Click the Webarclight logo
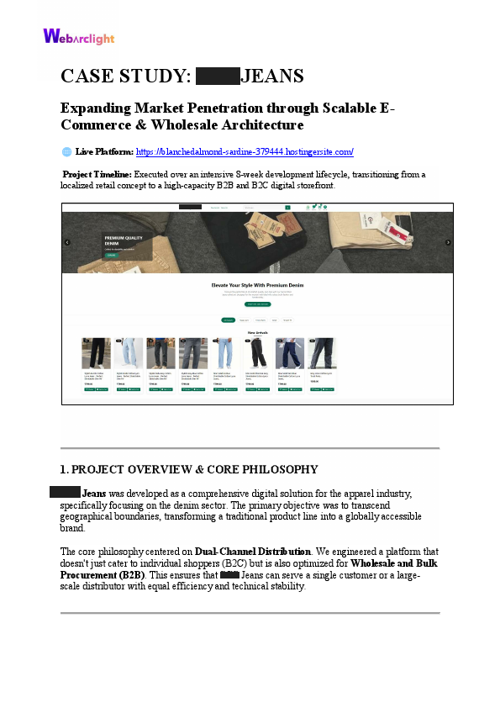tap(78, 36)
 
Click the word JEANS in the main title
tap(271, 77)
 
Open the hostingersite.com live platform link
tap(244, 152)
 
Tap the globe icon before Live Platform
tap(67, 152)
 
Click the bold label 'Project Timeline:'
tap(97, 175)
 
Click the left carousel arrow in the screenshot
tap(67, 242)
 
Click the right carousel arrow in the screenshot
tap(448, 242)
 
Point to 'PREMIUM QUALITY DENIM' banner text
tap(124, 240)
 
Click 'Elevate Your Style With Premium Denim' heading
tap(257, 285)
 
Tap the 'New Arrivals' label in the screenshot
tap(257, 333)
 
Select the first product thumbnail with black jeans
tap(96, 353)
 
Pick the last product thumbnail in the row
tap(321, 353)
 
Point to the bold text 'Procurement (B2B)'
tap(103, 574)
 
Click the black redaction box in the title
tap(218, 77)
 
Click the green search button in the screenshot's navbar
tap(287, 207)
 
